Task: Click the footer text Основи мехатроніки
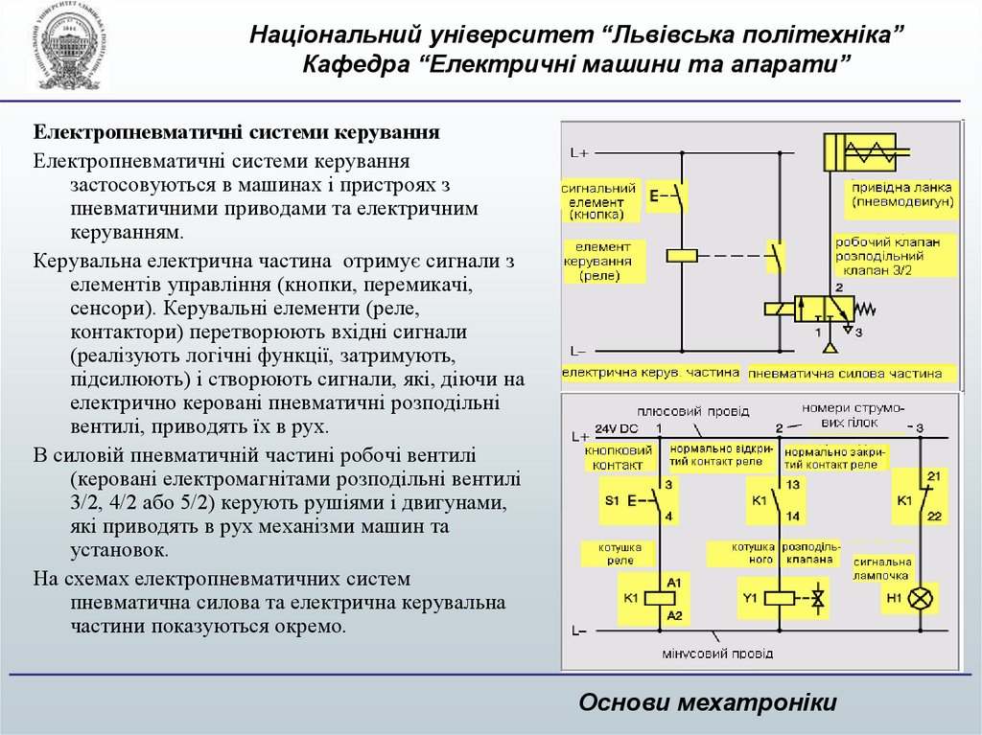708,702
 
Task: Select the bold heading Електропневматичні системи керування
238,131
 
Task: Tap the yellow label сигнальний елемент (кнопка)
597,202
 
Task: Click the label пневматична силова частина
846,373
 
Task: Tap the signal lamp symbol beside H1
920,599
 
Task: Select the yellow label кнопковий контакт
612,457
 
